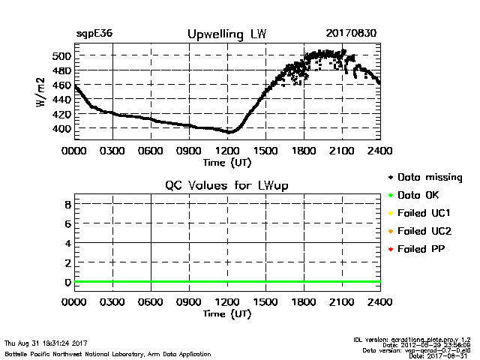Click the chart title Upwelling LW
coord(226,34)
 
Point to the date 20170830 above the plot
coord(351,34)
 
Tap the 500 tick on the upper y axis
coord(61,56)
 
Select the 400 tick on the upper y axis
coord(61,129)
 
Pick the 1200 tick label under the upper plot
coord(227,151)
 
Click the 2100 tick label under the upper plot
coord(342,151)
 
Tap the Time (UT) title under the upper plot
coord(227,161)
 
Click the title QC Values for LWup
coord(226,185)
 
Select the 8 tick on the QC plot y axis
coord(67,204)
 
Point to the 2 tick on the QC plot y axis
coord(67,262)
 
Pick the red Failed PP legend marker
coord(391,248)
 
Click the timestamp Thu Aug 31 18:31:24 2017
coord(46,343)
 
